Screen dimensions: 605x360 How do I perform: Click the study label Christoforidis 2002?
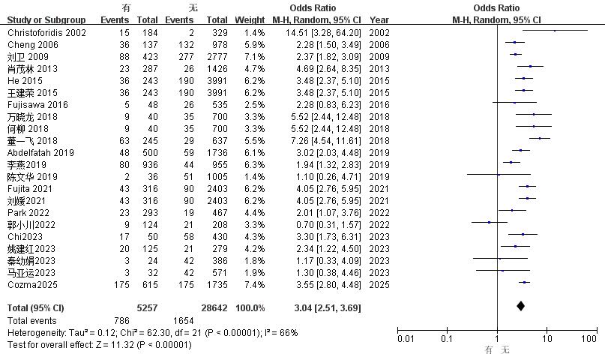46,33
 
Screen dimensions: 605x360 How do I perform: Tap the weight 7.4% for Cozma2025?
255,285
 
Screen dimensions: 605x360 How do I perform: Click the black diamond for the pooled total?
520,306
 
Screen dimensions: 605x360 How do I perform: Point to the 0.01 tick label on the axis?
406,339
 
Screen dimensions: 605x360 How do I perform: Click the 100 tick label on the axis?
589,339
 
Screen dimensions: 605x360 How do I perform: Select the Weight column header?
250,20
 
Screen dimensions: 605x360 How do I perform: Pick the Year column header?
379,20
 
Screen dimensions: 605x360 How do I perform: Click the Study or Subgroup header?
46,20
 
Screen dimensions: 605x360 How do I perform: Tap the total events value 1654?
183,321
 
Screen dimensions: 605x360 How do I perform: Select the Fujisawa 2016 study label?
37,105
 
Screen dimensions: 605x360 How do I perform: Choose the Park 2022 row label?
28,213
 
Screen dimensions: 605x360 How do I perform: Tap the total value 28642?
214,308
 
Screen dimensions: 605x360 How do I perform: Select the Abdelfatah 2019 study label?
41,153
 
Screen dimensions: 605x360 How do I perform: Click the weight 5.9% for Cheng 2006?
255,45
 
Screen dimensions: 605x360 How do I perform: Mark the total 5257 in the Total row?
148,308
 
